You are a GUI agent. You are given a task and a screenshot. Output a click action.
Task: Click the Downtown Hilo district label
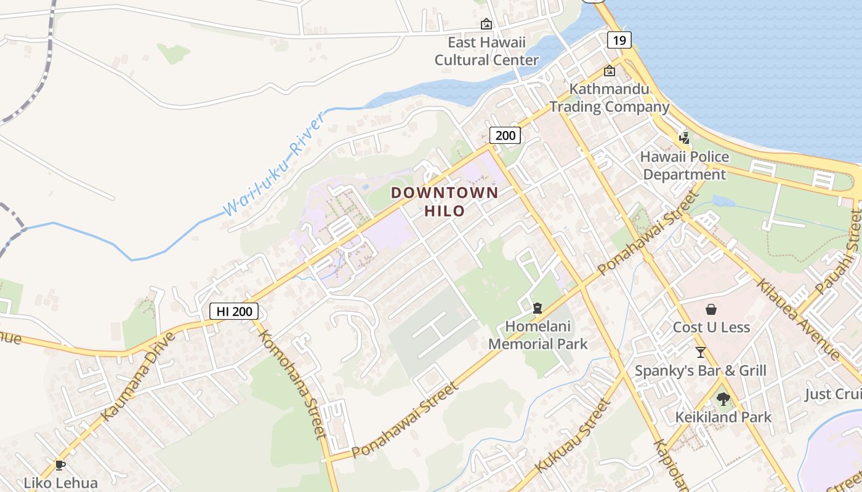click(x=445, y=201)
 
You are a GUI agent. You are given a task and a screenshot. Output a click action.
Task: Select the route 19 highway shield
click(x=619, y=41)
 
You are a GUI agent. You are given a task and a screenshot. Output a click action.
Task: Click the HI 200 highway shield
click(x=234, y=311)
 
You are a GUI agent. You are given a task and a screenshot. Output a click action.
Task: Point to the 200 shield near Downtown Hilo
click(x=505, y=135)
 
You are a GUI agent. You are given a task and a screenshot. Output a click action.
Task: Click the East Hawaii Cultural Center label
click(x=486, y=51)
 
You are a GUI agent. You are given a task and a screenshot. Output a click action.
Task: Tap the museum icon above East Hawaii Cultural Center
click(x=486, y=24)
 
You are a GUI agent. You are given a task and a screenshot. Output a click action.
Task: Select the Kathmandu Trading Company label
click(x=609, y=98)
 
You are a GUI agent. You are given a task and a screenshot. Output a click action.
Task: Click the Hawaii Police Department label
click(x=684, y=165)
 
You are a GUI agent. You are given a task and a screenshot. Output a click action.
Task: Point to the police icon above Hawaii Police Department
click(x=684, y=138)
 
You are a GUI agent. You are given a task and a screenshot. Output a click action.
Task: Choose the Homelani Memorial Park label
click(x=538, y=335)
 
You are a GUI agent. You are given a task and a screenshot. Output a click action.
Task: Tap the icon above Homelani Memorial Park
click(x=538, y=307)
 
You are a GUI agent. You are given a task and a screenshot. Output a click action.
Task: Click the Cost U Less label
click(x=711, y=327)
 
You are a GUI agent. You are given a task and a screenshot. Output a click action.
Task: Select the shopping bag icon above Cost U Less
click(x=711, y=309)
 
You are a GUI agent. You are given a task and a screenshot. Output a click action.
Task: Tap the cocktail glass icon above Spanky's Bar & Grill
click(x=700, y=352)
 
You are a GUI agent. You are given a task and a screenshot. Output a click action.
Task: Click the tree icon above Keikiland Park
click(x=723, y=399)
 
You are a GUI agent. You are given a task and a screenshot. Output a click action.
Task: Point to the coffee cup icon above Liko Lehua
click(x=60, y=465)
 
